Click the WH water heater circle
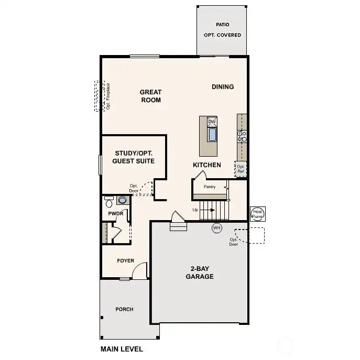click(x=217, y=228)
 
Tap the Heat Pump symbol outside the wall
click(x=258, y=214)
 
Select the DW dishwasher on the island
click(x=212, y=122)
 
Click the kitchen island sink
click(x=212, y=135)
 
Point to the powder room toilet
click(x=109, y=202)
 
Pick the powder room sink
click(x=123, y=200)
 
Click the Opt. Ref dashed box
click(x=241, y=169)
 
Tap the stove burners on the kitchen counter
click(x=242, y=136)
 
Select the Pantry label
click(x=210, y=187)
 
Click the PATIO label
click(x=223, y=25)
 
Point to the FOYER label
click(x=126, y=260)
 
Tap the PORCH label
click(x=124, y=309)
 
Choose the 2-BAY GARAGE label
click(x=200, y=272)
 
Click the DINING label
click(x=223, y=87)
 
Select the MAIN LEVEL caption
click(x=122, y=349)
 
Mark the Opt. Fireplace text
click(x=108, y=96)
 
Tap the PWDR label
click(x=116, y=213)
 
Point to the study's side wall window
click(x=100, y=165)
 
